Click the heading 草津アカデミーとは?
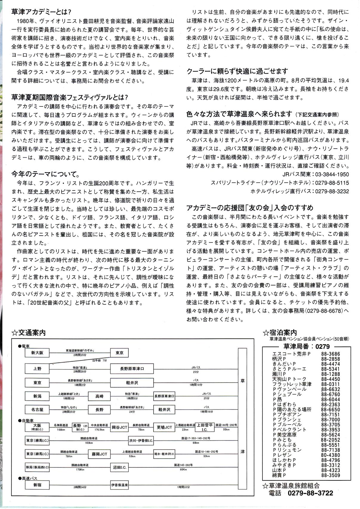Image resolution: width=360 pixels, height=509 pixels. (41, 12)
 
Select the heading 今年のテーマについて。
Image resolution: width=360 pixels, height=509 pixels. (45, 174)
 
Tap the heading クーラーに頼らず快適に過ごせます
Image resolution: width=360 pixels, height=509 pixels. (237, 71)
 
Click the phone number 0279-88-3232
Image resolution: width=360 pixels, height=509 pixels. (332, 191)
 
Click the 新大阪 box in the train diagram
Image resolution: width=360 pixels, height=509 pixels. (37, 353)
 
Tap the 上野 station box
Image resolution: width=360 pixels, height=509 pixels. (37, 369)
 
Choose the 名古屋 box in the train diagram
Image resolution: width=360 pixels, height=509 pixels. (37, 409)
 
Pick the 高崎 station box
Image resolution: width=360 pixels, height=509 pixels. (99, 396)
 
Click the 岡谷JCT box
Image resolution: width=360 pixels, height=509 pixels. (119, 427)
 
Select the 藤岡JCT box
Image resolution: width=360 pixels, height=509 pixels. (99, 454)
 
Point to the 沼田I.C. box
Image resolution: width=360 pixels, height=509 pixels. (119, 467)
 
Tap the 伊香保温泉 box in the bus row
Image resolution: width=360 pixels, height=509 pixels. (119, 485)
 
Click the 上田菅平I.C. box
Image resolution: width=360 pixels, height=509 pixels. (205, 427)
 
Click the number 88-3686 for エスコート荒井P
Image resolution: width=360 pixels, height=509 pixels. (330, 354)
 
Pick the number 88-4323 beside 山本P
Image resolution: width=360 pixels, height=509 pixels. (330, 470)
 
